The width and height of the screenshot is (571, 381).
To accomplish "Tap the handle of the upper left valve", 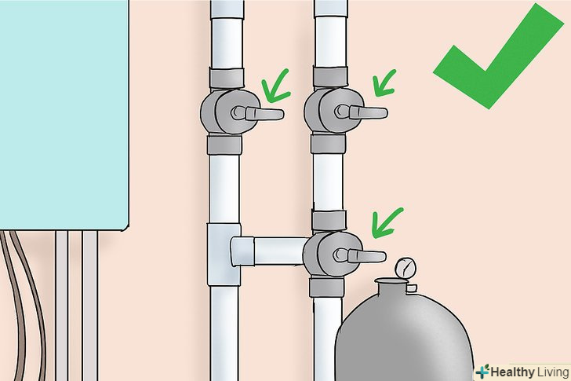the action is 260,114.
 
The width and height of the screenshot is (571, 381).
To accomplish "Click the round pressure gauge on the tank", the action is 406,267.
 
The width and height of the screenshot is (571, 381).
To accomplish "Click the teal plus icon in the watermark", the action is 482,371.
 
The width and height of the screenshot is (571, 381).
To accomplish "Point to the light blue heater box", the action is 64,115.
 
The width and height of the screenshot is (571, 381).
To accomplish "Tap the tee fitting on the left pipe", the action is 224,254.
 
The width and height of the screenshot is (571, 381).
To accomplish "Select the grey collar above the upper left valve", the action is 227,78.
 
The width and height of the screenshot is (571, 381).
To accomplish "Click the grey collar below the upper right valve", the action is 328,143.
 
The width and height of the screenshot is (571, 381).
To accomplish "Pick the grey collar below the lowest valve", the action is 326,287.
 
